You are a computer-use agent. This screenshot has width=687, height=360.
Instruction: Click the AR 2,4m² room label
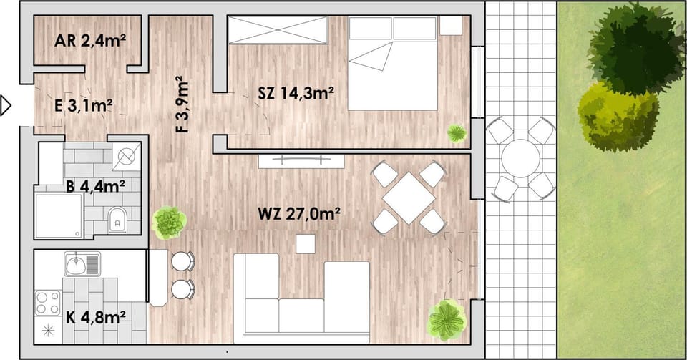pos(90,41)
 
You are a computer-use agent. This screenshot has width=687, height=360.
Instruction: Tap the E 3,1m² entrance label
pos(83,105)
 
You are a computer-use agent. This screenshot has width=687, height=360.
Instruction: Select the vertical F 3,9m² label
pos(181,104)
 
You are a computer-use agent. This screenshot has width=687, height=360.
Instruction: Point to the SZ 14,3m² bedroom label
pos(296,93)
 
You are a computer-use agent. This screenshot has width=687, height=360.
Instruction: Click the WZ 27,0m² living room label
pos(299,214)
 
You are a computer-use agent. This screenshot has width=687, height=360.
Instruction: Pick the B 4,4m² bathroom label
pos(95,186)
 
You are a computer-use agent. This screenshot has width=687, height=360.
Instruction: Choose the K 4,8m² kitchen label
pos(96,316)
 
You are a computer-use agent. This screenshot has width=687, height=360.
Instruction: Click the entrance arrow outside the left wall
pos(6,105)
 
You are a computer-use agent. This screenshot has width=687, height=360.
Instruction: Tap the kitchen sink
pos(83,263)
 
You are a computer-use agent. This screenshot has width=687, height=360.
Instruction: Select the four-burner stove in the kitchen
pos(48,303)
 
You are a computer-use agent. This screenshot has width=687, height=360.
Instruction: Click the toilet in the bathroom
pos(117,220)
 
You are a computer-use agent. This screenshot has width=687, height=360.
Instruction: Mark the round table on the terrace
pos(520,158)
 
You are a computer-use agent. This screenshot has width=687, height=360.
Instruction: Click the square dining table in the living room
pos(409,198)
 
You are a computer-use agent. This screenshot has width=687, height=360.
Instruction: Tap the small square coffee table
pos(306,244)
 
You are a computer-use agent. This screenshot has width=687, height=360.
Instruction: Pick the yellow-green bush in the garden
pos(618,117)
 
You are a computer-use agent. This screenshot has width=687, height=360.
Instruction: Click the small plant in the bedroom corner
pos(457,133)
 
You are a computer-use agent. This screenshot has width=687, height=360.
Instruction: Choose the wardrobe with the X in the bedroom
pos(278,30)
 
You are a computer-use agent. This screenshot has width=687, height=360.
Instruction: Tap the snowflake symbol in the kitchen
pos(48,331)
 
